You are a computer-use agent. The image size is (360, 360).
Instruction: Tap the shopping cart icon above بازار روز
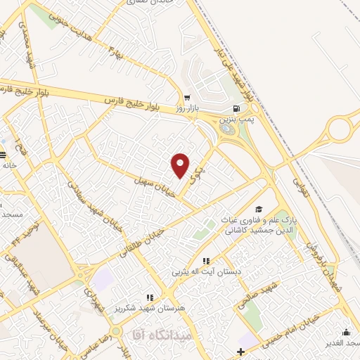(186, 98)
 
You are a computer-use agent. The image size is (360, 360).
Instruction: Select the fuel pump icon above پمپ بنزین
(235, 109)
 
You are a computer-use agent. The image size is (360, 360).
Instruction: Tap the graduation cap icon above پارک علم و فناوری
(259, 209)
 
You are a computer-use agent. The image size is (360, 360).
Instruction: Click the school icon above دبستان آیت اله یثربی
(206, 262)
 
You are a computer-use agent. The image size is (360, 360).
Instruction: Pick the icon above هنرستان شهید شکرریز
(149, 298)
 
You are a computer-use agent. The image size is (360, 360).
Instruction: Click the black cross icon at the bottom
(241, 351)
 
